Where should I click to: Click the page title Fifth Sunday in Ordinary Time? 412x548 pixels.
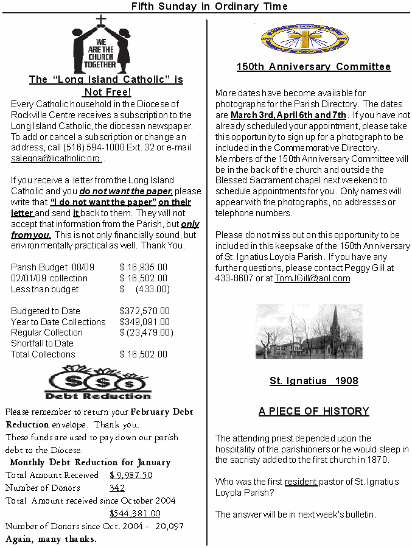(209, 6)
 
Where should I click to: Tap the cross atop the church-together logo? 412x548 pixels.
(101, 21)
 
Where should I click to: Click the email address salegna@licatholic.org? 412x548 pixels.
(56, 158)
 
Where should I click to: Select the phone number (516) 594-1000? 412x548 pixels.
(101, 147)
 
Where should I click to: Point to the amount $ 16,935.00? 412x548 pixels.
(144, 267)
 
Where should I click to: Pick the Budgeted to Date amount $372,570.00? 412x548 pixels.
(145, 311)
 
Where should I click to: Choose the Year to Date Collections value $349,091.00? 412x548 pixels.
(145, 322)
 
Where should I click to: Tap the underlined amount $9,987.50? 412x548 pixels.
(131, 475)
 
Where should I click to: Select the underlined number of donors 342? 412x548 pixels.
(117, 488)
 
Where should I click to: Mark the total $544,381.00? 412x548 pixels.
(134, 514)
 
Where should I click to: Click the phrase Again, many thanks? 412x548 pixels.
(51, 539)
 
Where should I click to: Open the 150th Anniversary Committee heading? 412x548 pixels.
(313, 67)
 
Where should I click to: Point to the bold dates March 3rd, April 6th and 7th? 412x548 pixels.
(288, 115)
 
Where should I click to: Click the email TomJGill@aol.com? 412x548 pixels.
(312, 278)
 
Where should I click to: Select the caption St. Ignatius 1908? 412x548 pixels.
(313, 381)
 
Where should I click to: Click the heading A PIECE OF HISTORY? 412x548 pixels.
(313, 412)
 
